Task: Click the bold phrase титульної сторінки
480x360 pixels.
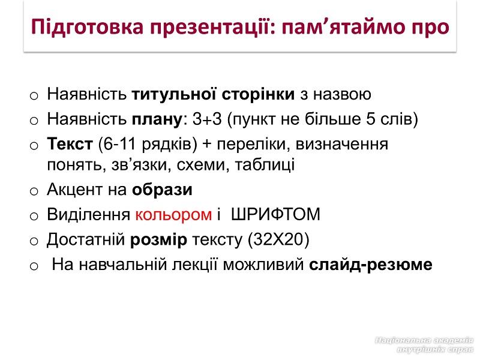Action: point(213,95)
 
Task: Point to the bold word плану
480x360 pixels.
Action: point(157,119)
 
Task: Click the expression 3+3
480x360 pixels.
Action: point(207,119)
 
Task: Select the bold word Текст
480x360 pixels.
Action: point(70,143)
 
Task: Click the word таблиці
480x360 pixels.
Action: point(265,165)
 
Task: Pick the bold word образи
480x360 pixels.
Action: point(162,190)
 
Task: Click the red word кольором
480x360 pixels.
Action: point(173,215)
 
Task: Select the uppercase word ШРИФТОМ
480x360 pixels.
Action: point(275,214)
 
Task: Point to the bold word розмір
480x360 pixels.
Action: point(158,239)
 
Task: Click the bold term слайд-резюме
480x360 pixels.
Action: point(370,265)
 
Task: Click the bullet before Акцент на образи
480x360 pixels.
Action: point(34,191)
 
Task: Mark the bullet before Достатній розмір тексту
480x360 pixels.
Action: point(34,241)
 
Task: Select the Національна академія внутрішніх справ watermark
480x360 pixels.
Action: point(424,344)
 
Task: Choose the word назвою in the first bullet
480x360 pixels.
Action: point(342,95)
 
